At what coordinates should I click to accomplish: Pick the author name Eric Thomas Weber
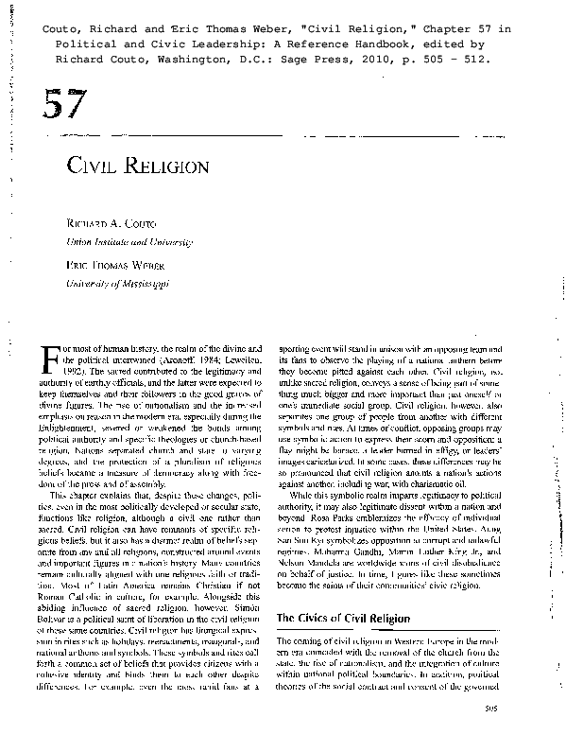point(108,267)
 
